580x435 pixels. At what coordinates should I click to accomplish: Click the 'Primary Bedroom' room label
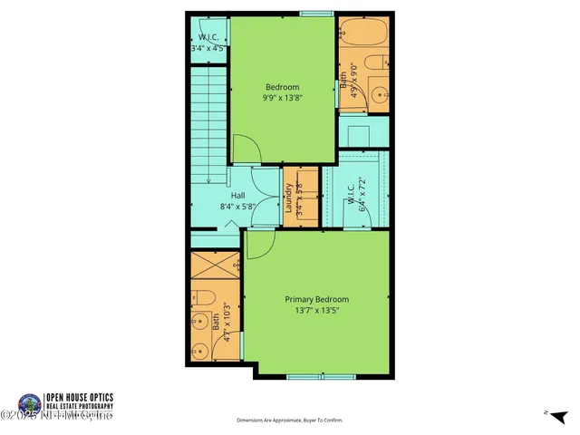coord(316,299)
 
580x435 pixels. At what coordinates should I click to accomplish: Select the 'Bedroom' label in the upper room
coord(281,87)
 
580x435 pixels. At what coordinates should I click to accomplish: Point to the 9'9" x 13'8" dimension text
coord(281,97)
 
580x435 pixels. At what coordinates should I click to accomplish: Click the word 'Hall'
coord(237,196)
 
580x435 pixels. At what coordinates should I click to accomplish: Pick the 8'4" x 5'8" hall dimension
coord(237,206)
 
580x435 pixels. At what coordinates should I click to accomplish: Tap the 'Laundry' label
coord(289,198)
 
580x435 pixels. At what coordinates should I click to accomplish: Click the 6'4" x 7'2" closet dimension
coord(360,192)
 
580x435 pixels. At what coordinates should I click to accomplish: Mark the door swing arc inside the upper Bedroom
coord(243,149)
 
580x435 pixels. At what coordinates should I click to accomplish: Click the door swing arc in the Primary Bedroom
coord(259,243)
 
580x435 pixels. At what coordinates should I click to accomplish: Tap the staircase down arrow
coord(207,181)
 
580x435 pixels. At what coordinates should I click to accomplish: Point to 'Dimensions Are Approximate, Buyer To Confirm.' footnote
coord(291,420)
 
